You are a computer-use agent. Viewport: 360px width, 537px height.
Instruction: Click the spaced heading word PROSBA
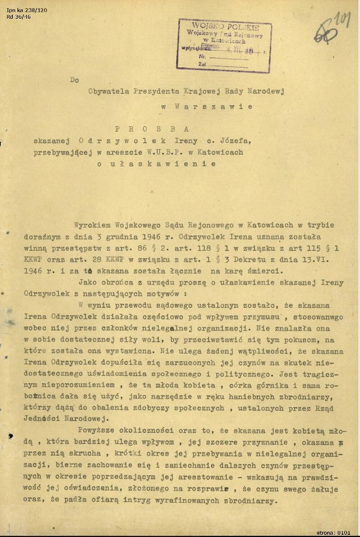tap(152, 129)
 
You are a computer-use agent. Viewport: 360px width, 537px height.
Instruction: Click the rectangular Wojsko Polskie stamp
tap(224, 45)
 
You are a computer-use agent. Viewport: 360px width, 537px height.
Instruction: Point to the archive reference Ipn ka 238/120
tap(27, 10)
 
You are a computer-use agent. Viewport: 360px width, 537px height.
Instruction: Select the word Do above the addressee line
tap(74, 80)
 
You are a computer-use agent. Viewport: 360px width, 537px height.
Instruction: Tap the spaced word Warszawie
tap(213, 107)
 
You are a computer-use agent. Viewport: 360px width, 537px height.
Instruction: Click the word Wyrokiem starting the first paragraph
tap(93, 225)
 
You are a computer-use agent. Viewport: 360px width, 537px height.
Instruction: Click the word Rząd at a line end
tap(324, 409)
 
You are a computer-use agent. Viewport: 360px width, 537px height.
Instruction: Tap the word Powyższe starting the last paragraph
tap(96, 431)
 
